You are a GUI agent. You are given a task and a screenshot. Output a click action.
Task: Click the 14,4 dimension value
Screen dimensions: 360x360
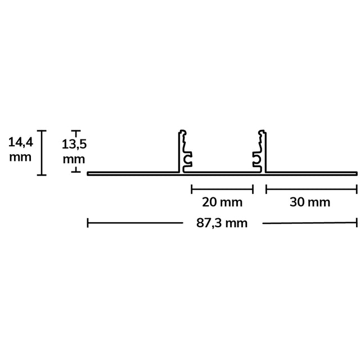coord(20,143)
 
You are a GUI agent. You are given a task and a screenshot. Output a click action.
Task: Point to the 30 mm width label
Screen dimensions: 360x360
coord(310,201)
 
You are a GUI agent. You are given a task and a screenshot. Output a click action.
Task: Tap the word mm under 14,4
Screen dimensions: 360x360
coord(20,157)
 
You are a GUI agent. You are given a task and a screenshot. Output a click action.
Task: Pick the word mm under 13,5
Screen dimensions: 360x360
coord(73,159)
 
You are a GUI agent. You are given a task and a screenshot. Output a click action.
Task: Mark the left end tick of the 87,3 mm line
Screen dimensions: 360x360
coord(88,223)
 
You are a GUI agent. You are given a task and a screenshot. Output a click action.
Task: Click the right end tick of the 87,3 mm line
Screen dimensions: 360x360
coord(357,223)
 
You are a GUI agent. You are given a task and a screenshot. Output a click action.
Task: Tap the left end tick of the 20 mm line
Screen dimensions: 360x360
coord(192,188)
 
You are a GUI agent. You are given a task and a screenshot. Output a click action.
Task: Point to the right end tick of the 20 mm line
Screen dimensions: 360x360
coord(253,188)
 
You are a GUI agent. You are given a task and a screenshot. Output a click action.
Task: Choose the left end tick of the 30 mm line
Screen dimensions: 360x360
coord(266,188)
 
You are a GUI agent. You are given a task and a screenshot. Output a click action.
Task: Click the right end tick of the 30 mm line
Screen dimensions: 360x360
coord(357,188)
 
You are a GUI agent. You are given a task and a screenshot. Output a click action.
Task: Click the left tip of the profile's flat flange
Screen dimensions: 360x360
coord(89,174)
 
